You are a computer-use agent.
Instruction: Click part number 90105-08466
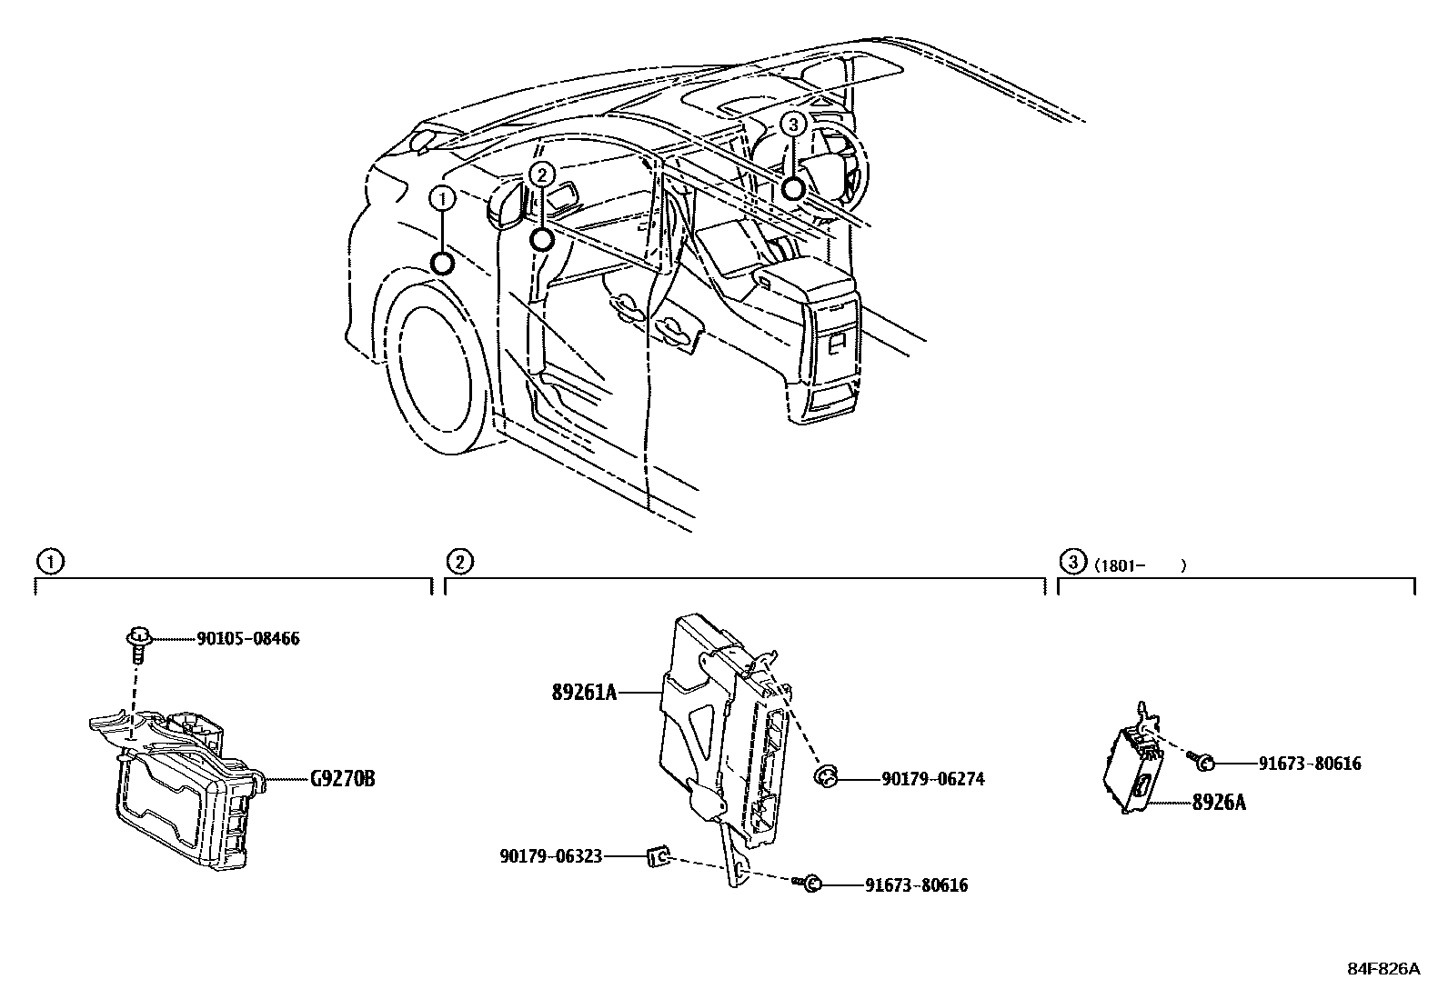pyautogui.click(x=247, y=639)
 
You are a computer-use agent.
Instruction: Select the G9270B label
pyautogui.click(x=342, y=780)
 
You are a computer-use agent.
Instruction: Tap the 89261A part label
pyautogui.click(x=584, y=694)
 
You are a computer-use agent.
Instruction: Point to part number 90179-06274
pyautogui.click(x=932, y=779)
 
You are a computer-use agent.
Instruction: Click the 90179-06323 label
pyautogui.click(x=550, y=856)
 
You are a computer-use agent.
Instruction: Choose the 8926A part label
pyautogui.click(x=1219, y=804)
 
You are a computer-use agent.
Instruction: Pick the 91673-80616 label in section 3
pyautogui.click(x=1310, y=764)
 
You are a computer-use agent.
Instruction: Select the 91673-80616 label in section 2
pyautogui.click(x=916, y=885)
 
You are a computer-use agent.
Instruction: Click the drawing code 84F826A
pyautogui.click(x=1383, y=969)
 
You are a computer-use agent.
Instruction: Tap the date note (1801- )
pyautogui.click(x=1141, y=565)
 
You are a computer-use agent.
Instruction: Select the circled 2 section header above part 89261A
pyautogui.click(x=461, y=562)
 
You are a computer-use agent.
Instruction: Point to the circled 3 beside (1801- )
pyautogui.click(x=1073, y=562)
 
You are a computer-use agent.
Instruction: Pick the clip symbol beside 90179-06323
pyautogui.click(x=658, y=856)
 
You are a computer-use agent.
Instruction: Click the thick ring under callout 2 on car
pyautogui.click(x=541, y=239)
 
